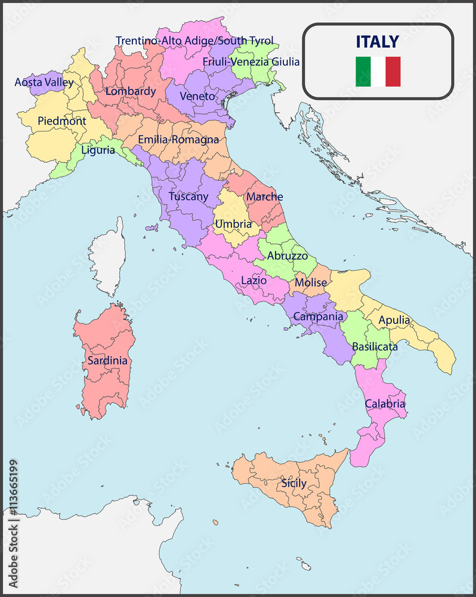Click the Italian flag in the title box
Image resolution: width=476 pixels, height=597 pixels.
(x=378, y=72)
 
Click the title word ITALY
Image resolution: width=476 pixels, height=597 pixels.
(x=378, y=41)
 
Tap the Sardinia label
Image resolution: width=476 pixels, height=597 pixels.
(x=107, y=361)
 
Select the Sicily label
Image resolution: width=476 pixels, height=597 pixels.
(x=294, y=483)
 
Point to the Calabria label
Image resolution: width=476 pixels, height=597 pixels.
(x=385, y=404)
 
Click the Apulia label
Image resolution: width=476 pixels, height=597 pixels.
(x=394, y=320)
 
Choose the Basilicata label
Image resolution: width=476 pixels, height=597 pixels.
(x=375, y=346)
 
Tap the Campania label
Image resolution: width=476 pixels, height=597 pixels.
(x=318, y=316)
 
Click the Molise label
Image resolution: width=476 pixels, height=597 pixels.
(x=310, y=282)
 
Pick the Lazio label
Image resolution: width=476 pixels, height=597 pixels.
(x=254, y=280)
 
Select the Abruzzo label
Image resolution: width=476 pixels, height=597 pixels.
(x=288, y=255)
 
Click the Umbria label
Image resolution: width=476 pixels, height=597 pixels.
(x=233, y=224)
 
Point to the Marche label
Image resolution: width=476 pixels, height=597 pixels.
(x=264, y=196)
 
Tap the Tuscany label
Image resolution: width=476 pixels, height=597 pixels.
(x=188, y=196)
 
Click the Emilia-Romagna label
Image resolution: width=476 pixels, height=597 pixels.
(x=178, y=140)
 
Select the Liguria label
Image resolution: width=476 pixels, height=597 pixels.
(x=98, y=150)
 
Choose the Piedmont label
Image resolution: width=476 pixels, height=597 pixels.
(x=61, y=121)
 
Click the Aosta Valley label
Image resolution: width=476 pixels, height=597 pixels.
(x=44, y=82)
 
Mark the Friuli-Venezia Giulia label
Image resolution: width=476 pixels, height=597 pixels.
(x=251, y=61)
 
